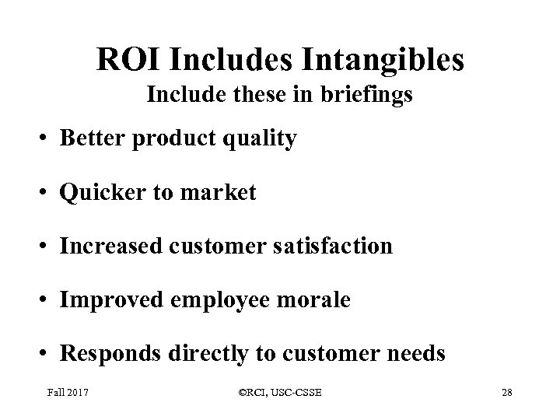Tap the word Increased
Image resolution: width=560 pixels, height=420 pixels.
[x=110, y=247]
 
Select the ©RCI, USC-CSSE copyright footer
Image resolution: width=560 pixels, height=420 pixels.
[x=278, y=395]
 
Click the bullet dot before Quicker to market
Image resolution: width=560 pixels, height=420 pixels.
[x=46, y=194]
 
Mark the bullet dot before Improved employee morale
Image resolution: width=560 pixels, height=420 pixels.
[x=46, y=301]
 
